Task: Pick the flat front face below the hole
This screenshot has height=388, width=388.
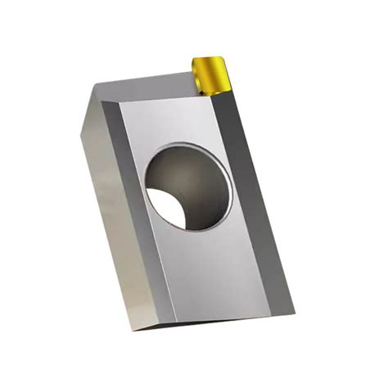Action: point(213,270)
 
